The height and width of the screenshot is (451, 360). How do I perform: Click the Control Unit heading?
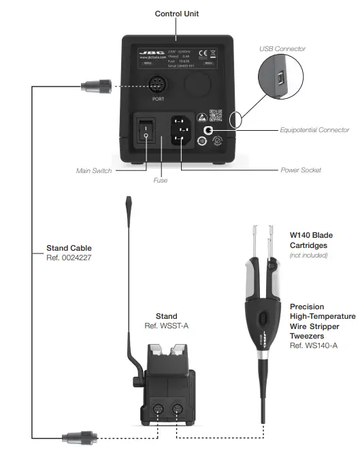coord(177,14)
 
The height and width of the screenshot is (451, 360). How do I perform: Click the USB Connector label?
coord(282,49)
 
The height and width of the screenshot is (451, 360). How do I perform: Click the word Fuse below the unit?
coord(160,181)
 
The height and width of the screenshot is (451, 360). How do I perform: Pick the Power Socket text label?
coord(300,170)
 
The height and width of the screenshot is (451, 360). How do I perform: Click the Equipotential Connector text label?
coord(314,129)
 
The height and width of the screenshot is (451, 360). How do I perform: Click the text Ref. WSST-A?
coord(167,326)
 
